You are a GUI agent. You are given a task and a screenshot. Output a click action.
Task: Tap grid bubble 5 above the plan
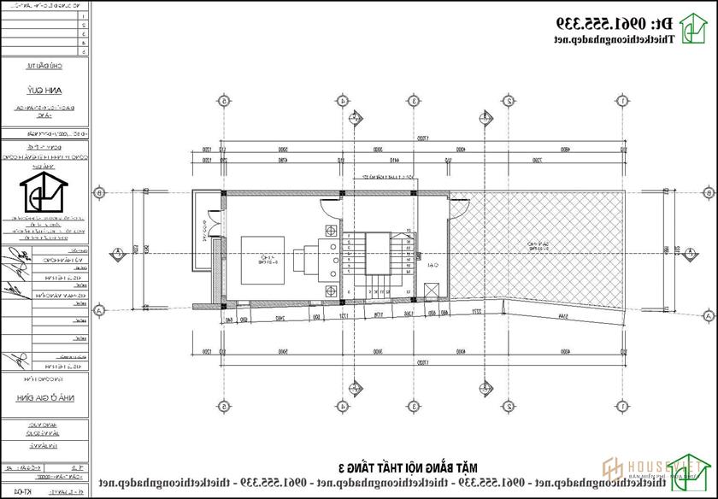(x=223, y=101)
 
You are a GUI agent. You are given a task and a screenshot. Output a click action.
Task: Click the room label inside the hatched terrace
(x=538, y=246)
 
